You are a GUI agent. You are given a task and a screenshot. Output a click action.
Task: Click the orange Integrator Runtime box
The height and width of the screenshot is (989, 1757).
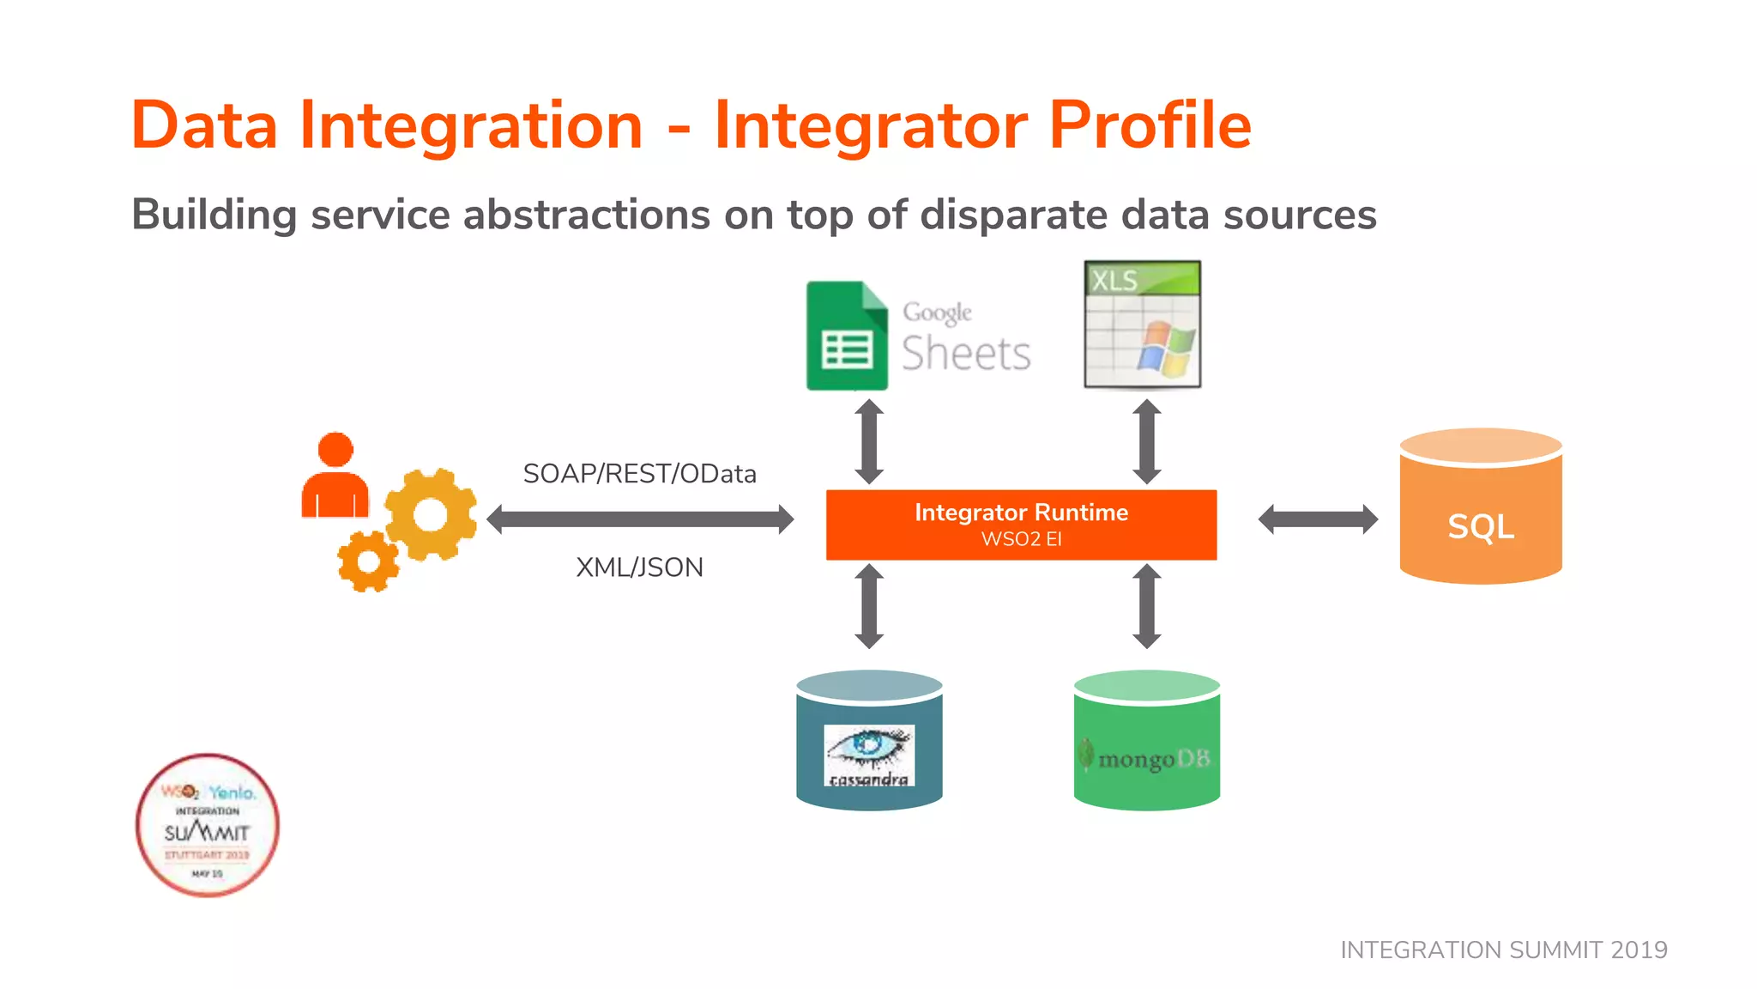(1021, 525)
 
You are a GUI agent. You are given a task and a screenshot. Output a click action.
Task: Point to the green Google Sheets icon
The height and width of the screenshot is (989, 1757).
(846, 337)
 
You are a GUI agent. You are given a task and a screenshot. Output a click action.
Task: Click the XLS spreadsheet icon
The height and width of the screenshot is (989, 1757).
(1142, 325)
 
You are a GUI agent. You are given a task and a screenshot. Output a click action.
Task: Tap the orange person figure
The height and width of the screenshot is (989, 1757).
(335, 476)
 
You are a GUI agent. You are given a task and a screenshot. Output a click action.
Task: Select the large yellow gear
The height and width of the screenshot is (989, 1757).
(431, 514)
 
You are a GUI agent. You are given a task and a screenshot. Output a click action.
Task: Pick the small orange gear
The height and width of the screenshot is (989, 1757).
(368, 561)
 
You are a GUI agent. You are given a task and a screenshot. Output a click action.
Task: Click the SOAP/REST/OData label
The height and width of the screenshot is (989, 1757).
(639, 474)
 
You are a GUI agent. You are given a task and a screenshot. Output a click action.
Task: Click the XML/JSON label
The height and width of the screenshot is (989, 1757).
(639, 567)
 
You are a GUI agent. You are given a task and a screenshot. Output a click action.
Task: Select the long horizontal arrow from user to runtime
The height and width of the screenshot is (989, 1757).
(640, 519)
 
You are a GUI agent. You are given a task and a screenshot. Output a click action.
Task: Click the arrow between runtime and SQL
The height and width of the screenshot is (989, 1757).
(1318, 519)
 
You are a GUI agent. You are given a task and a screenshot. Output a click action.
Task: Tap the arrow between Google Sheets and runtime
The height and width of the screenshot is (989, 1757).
(869, 441)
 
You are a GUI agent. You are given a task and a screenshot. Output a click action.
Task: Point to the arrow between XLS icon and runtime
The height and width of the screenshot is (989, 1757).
(1147, 441)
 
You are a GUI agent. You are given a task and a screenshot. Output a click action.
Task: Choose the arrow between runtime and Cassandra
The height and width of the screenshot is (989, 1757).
(869, 606)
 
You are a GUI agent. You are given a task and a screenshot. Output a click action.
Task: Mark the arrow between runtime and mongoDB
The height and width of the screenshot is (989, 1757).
(1147, 606)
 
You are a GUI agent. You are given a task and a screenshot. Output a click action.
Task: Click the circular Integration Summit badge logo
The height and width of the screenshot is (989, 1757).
(208, 826)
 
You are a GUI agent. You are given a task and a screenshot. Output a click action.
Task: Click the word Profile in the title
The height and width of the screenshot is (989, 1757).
(1150, 126)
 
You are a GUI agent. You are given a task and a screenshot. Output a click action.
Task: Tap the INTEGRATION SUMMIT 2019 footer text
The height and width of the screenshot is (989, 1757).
(1503, 950)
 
